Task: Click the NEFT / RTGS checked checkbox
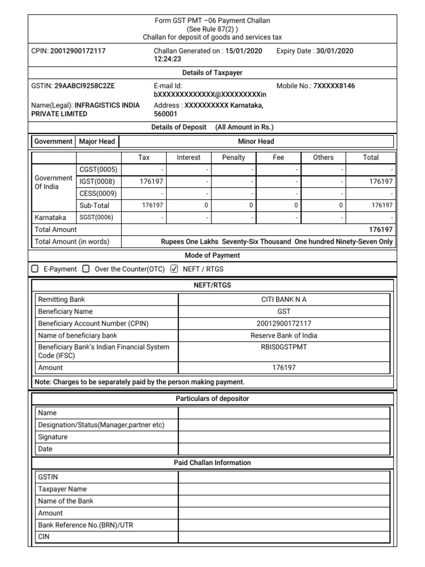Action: [174, 269]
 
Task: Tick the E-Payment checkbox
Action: [35, 269]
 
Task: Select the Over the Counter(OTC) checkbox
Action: [86, 269]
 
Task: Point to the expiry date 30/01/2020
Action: [334, 51]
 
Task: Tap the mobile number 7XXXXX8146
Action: [334, 86]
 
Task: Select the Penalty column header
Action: [234, 157]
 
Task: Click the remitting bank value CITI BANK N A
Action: [283, 300]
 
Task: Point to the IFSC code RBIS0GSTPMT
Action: [283, 347]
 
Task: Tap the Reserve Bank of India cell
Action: [283, 335]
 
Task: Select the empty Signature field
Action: [283, 437]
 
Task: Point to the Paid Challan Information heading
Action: [212, 463]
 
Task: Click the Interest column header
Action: [188, 157]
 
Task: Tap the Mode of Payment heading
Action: [212, 255]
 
